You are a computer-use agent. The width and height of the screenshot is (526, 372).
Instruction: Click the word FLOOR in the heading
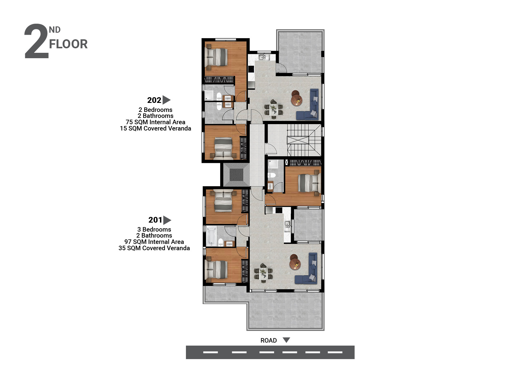(68, 44)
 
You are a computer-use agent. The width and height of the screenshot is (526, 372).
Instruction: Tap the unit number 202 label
(154, 100)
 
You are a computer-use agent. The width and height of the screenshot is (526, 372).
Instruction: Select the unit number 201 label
(155, 220)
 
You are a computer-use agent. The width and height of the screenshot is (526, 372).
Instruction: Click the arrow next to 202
(166, 100)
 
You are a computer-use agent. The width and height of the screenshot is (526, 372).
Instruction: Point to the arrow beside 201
(167, 220)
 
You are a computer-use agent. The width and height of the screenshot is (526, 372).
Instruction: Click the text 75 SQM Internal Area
(155, 122)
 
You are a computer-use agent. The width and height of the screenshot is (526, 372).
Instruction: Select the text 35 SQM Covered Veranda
(154, 248)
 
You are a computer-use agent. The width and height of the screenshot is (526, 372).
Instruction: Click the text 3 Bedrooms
(154, 229)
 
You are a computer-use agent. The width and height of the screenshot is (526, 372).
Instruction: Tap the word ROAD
(268, 340)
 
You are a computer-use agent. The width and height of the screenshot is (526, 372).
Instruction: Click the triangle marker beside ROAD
(286, 340)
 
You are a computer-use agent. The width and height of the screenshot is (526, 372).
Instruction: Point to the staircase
(303, 140)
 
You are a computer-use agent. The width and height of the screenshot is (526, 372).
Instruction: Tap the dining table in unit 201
(264, 273)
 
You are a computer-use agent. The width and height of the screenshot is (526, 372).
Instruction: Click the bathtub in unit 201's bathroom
(211, 236)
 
